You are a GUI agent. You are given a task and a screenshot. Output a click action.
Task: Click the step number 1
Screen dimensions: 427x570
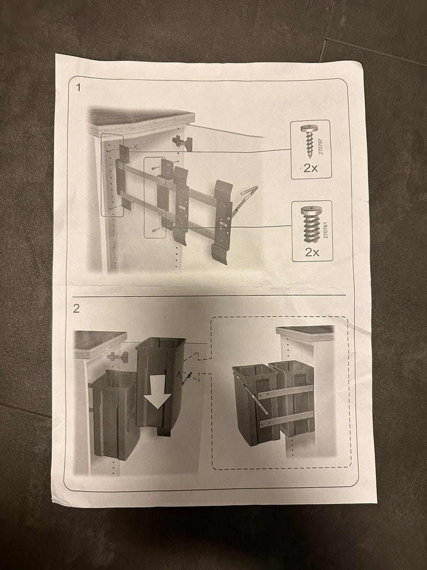point(78,88)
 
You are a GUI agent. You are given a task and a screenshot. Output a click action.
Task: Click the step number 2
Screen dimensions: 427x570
point(76,309)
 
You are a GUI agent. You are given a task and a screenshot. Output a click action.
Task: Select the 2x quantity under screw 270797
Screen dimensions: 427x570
point(310,168)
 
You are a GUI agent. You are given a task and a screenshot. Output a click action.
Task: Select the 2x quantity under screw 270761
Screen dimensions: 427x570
point(312,252)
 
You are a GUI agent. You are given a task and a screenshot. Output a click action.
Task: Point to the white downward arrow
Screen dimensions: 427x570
point(158,389)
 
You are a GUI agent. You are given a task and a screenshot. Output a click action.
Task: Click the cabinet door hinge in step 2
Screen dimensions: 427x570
point(118,357)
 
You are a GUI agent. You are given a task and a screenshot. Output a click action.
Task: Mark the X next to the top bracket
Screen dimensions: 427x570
point(134,147)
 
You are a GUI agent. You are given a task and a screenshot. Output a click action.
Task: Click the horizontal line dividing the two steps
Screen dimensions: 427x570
point(209,296)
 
